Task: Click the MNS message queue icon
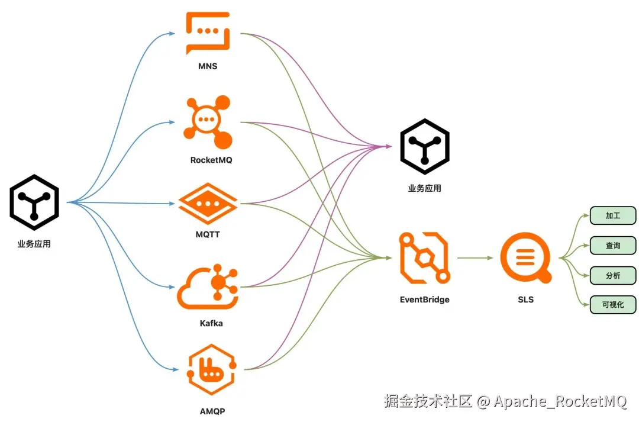[208, 33]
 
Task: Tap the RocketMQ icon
[208, 122]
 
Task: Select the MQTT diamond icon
[208, 204]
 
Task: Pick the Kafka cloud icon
[208, 287]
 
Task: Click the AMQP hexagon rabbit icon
[211, 369]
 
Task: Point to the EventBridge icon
[425, 257]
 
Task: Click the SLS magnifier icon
[526, 257]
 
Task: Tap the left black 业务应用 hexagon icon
[34, 202]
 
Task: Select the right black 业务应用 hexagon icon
[425, 147]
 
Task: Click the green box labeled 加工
[613, 215]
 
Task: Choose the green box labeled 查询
[613, 246]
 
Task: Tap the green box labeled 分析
[613, 276]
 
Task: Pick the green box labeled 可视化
[613, 305]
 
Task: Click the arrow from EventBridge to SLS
[475, 257]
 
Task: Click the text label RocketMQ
[211, 160]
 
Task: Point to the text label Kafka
[211, 323]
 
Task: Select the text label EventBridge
[425, 299]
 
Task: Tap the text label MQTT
[208, 234]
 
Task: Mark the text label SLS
[526, 299]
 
